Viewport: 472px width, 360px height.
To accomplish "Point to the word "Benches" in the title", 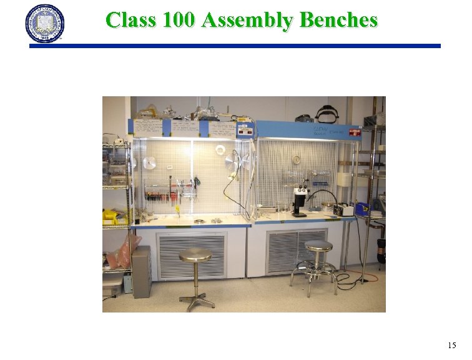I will (x=338, y=20).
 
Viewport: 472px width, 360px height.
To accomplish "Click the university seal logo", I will (x=44, y=23).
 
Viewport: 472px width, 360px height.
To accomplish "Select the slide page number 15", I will (x=452, y=345).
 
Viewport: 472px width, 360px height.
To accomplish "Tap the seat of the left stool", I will (x=195, y=255).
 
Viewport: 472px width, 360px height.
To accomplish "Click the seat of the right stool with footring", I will (x=318, y=246).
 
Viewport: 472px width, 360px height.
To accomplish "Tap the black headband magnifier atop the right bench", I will (x=327, y=114).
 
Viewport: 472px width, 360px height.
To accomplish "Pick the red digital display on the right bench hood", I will (x=354, y=132).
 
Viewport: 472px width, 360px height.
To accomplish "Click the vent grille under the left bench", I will (x=191, y=256).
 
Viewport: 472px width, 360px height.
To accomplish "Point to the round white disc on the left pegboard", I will (x=149, y=163).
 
